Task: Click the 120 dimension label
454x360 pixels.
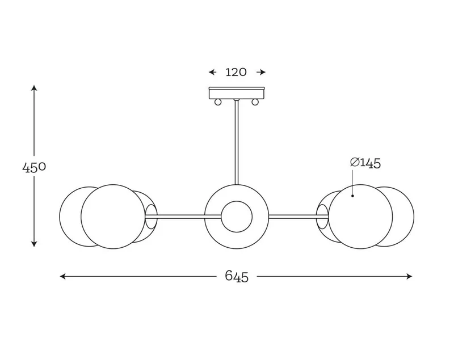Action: click(236, 72)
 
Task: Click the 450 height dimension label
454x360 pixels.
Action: click(34, 167)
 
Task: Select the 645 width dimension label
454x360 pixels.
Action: click(237, 277)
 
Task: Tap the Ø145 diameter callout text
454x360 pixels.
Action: click(365, 163)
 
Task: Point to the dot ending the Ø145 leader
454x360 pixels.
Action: click(352, 196)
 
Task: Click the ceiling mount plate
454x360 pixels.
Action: click(237, 92)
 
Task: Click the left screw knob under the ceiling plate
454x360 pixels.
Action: click(218, 102)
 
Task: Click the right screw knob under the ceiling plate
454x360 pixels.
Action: click(255, 102)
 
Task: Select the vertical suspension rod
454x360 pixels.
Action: click(237, 142)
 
